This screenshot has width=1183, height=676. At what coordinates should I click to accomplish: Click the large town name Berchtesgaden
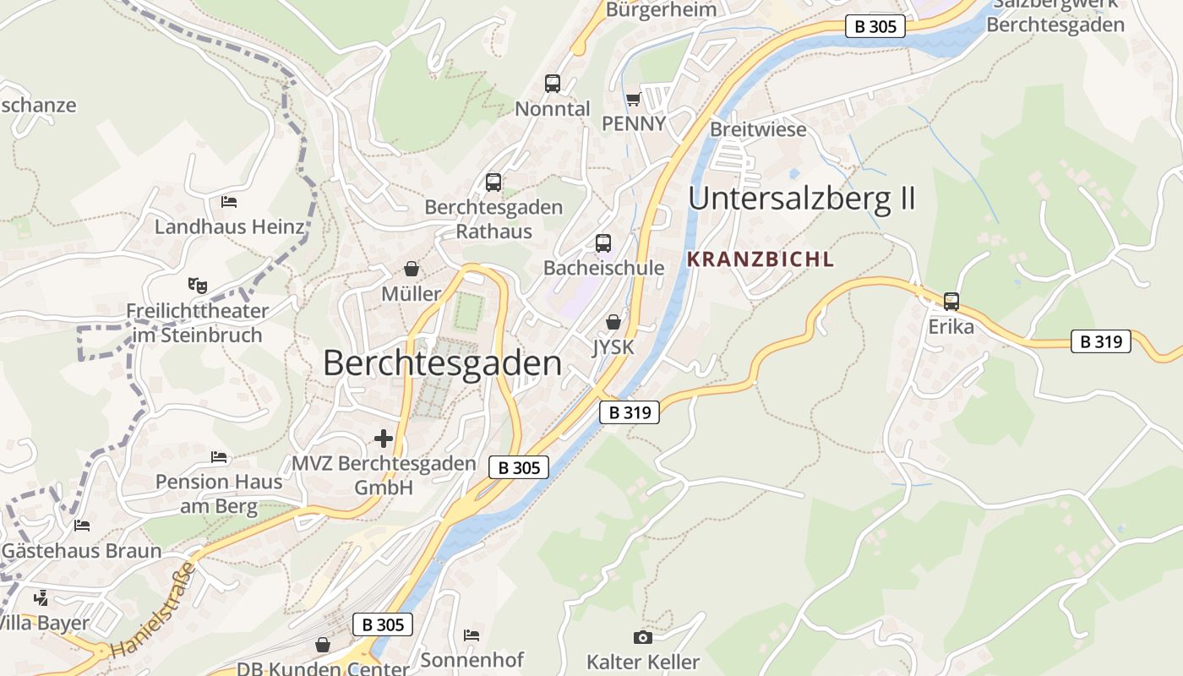point(442,363)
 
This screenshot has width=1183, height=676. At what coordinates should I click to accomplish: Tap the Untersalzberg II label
point(802,199)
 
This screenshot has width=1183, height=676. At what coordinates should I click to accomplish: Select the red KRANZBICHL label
point(760,259)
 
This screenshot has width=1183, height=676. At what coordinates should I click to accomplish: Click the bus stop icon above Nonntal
point(553,84)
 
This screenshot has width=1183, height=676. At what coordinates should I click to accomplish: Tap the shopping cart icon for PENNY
point(633,100)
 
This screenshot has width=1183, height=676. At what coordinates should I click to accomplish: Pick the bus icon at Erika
point(951,302)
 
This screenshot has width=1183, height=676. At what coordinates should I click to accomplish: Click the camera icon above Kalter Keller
point(642,637)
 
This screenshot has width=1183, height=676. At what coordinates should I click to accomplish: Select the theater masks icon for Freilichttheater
point(197,285)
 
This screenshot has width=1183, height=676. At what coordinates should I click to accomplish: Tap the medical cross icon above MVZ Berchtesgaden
point(384,439)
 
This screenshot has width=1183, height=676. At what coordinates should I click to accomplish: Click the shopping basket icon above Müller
point(412,270)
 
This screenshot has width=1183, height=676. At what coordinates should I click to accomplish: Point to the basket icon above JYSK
point(613,322)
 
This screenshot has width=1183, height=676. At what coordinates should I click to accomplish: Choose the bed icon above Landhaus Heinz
point(228,202)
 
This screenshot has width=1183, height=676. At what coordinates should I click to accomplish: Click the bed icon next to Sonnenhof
point(472,635)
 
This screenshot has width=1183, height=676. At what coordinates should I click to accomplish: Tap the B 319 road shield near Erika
point(1101,341)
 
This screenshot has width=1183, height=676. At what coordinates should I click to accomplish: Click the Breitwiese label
point(758,130)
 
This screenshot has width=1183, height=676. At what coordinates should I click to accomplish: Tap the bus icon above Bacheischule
point(603,243)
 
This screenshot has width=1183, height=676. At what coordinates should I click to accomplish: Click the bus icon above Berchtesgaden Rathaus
point(493,183)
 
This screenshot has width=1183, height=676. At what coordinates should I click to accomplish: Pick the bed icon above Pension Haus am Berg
point(219,457)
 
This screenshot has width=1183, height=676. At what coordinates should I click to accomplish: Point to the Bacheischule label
point(603,268)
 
